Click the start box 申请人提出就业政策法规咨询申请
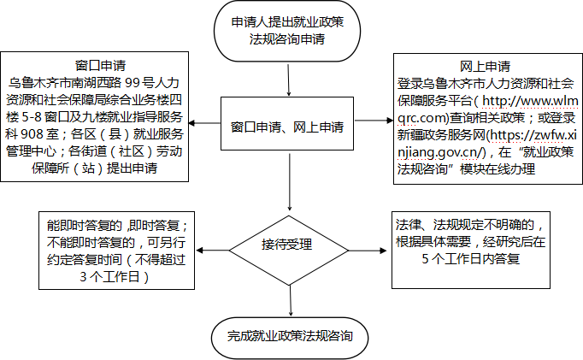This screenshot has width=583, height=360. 287,31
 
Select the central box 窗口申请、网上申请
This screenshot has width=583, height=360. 287,123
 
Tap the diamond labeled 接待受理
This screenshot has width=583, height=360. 289,251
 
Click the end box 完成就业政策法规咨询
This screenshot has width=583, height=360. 290,338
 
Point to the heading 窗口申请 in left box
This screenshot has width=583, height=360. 100,66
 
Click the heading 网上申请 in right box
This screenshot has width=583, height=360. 485,67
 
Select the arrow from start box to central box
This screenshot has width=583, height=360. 289,80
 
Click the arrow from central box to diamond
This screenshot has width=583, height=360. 289,182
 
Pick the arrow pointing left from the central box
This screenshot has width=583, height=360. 204,123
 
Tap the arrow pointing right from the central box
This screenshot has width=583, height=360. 374,120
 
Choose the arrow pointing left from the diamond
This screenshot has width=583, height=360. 212,251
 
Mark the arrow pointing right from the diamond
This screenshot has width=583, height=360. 368,251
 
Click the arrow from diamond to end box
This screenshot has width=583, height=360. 291,301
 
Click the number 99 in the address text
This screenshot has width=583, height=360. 132,83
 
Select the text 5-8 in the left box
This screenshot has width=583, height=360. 32,117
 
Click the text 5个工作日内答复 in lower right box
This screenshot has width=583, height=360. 471,258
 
